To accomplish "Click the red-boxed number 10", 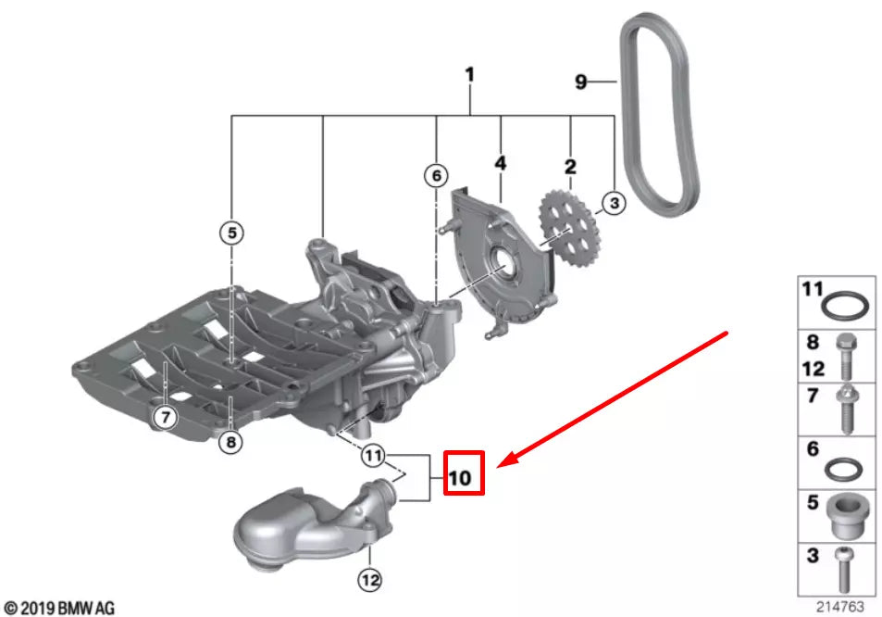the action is coord(460,478).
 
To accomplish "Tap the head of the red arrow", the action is coord(501,466).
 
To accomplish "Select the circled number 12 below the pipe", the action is coord(369,579).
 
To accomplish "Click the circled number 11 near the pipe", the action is coord(373,455).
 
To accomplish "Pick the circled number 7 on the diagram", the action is coord(166,417).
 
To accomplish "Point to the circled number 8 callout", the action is coord(230,443).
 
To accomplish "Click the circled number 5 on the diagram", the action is coord(231,233).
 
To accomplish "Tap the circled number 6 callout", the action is coord(436,176).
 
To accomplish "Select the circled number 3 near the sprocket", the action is coord(614,203).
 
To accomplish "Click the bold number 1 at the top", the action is coord(469,75).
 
